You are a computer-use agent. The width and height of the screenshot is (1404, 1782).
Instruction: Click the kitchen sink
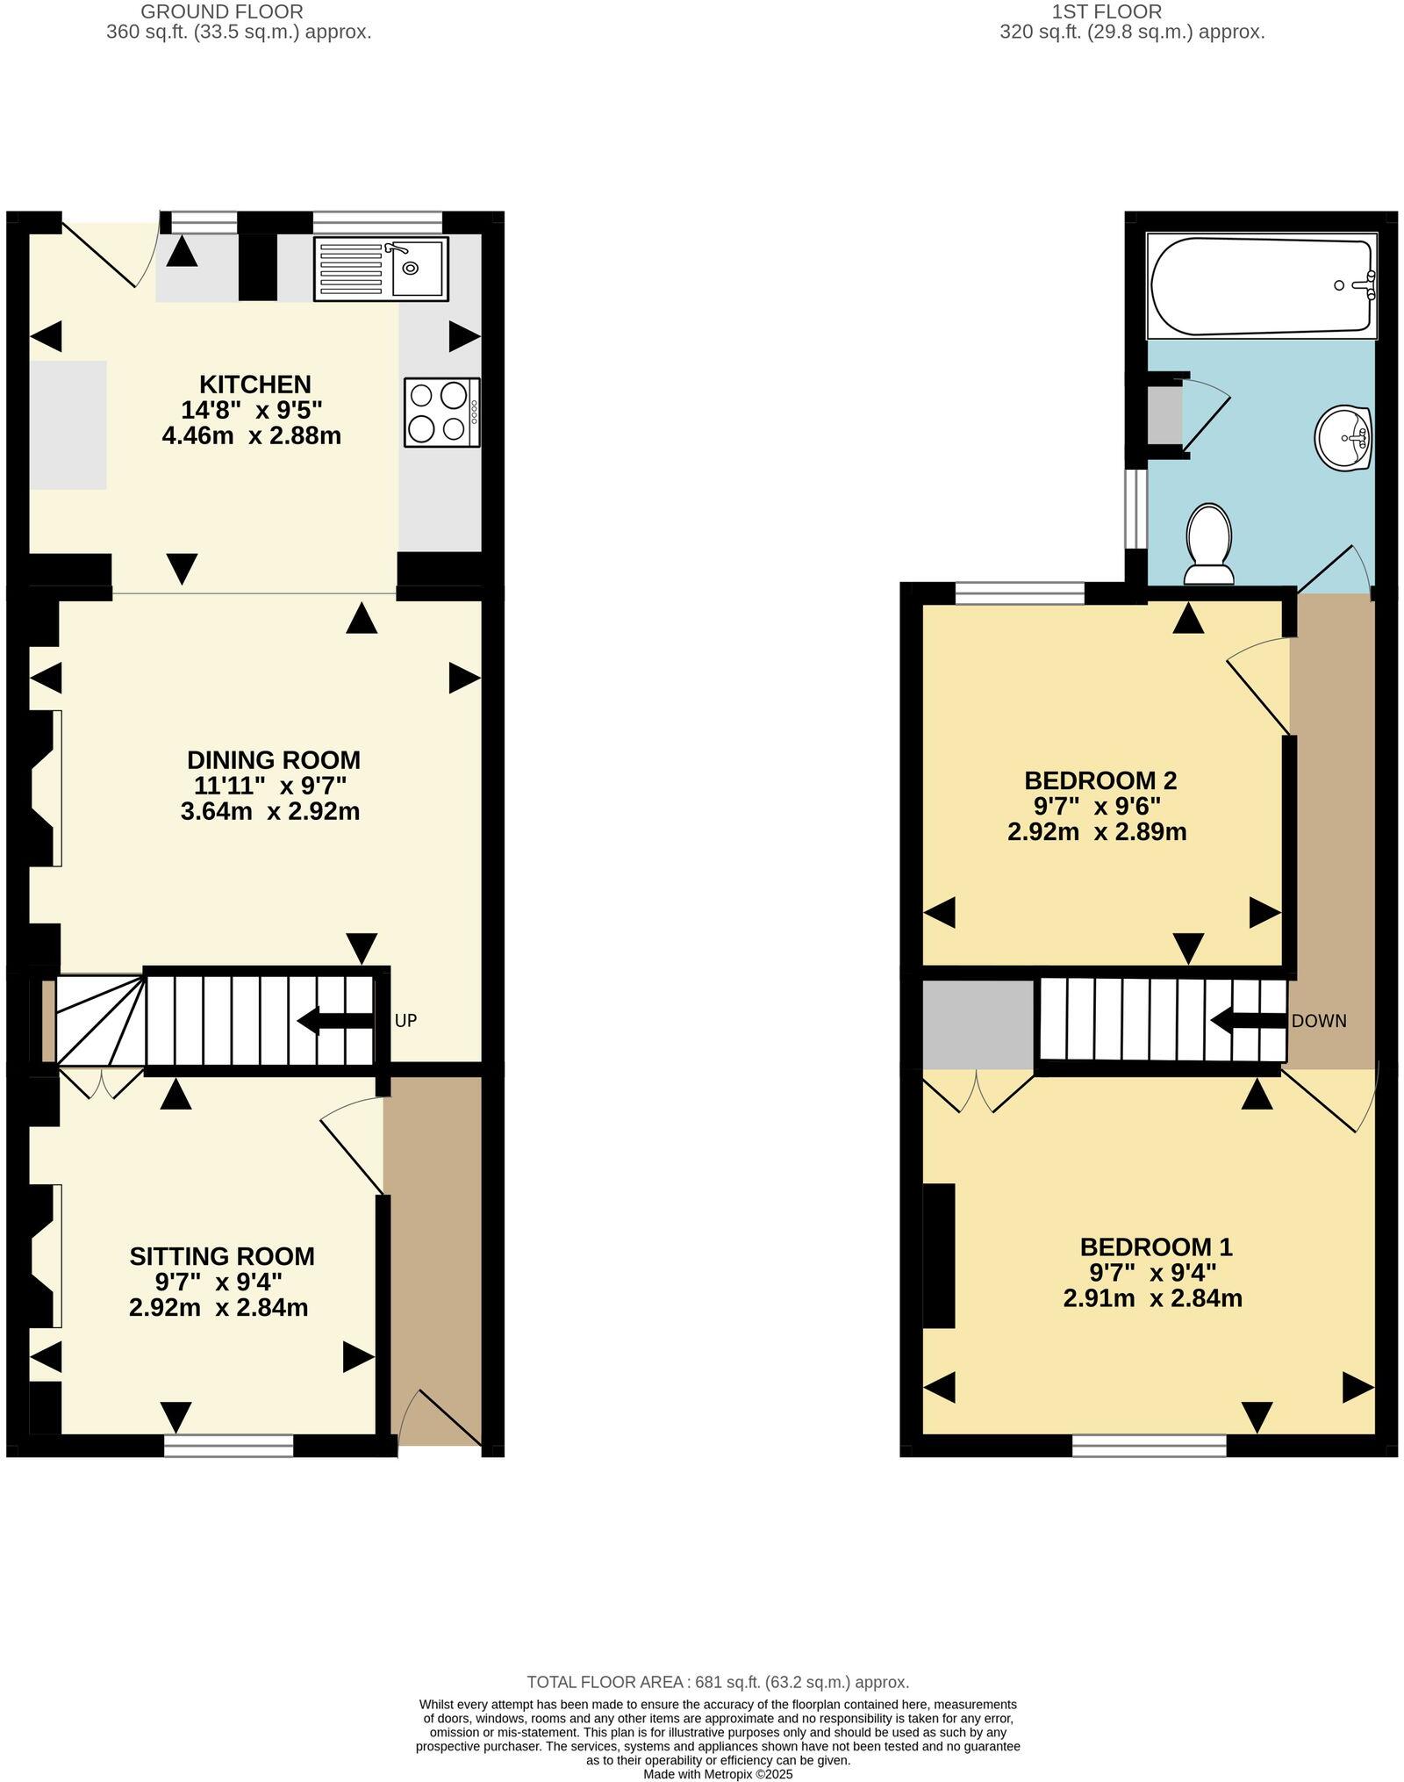pyautogui.click(x=381, y=268)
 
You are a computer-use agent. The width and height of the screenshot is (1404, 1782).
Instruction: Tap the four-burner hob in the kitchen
pyautogui.click(x=441, y=413)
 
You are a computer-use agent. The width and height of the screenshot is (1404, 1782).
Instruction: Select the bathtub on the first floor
pyautogui.click(x=1261, y=285)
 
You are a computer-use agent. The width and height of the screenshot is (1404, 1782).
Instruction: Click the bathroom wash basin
pyautogui.click(x=1343, y=438)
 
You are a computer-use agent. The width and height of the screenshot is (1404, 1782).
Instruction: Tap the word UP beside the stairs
pyautogui.click(x=405, y=1020)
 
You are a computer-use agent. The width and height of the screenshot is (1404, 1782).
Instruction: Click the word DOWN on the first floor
pyautogui.click(x=1318, y=1021)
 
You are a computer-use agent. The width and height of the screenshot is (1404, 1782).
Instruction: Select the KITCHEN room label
pyautogui.click(x=254, y=384)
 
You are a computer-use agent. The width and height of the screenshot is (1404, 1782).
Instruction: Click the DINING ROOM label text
pyautogui.click(x=274, y=760)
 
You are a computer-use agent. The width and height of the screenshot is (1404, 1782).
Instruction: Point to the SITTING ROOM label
pyautogui.click(x=222, y=1256)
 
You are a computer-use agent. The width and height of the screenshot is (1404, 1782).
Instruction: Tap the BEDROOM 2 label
pyautogui.click(x=1100, y=780)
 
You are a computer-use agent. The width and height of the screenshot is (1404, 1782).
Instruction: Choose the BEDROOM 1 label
pyautogui.click(x=1156, y=1247)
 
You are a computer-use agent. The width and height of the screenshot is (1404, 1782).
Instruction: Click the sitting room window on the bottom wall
pyautogui.click(x=228, y=1446)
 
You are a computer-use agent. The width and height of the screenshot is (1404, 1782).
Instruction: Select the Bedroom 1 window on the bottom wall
pyautogui.click(x=1149, y=1446)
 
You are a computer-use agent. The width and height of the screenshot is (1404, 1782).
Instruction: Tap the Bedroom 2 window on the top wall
pyautogui.click(x=1020, y=594)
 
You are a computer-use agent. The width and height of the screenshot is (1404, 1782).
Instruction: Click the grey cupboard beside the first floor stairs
pyautogui.click(x=978, y=1024)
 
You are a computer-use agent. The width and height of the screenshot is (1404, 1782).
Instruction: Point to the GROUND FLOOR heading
pyautogui.click(x=222, y=11)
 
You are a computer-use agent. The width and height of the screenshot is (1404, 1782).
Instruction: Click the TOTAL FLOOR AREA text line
pyautogui.click(x=717, y=1682)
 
